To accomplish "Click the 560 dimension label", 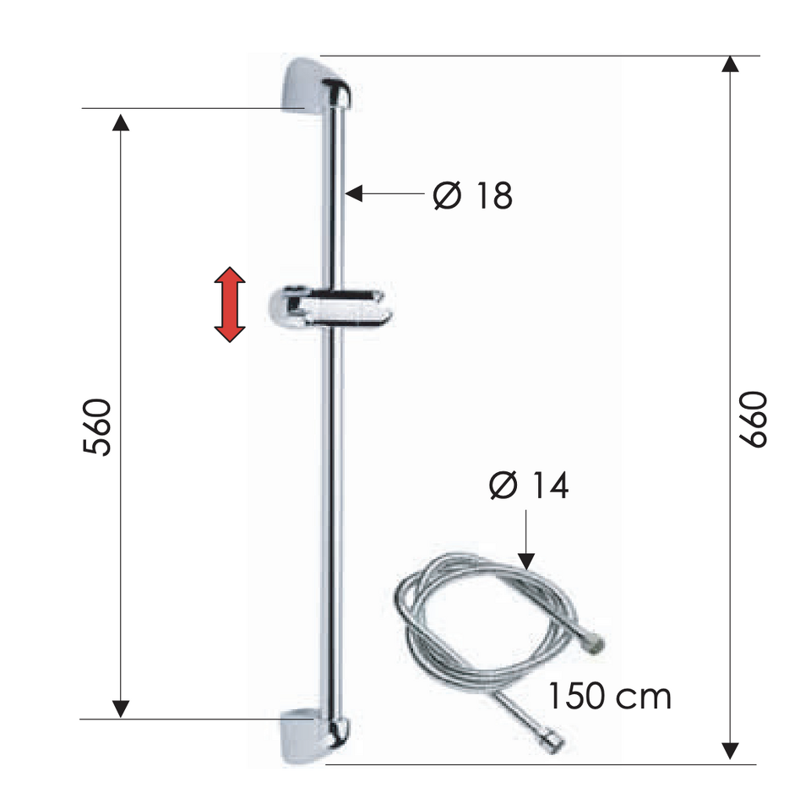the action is tap(96, 427).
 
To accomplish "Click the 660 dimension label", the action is tap(753, 419).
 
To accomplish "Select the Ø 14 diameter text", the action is tap(529, 485).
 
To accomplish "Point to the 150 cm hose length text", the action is tap(609, 696).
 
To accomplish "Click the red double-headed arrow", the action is tap(230, 305).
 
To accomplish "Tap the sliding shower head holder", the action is tap(329, 308).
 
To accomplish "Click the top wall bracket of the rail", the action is tap(317, 87).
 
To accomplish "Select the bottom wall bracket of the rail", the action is tap(314, 736).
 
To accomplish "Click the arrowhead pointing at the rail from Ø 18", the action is tap(353, 194).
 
